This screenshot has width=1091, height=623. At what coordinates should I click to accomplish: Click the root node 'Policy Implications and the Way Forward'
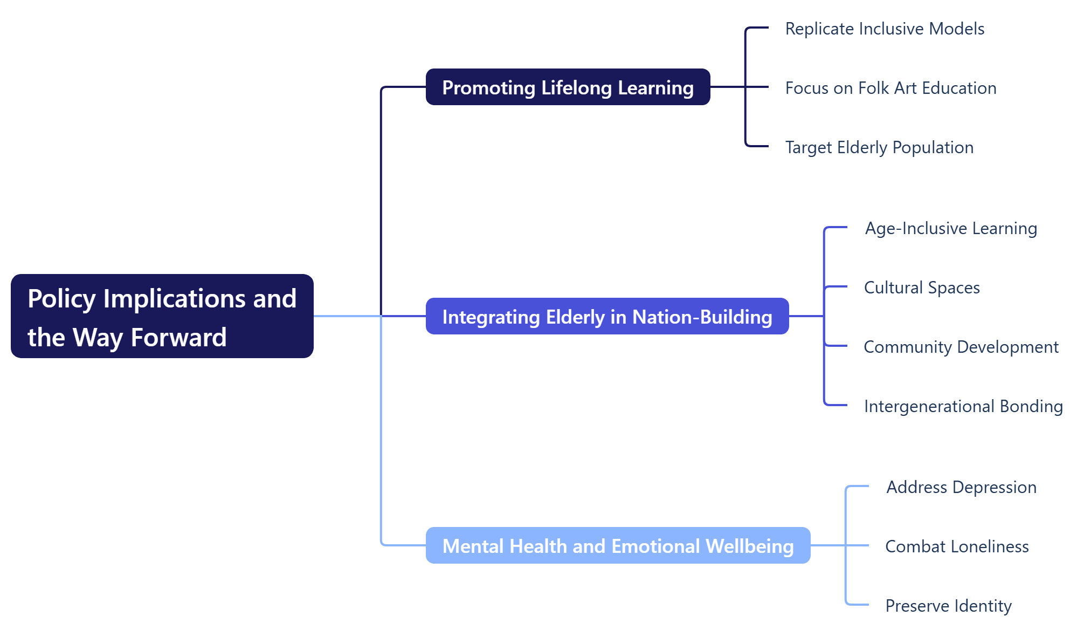[x=162, y=316]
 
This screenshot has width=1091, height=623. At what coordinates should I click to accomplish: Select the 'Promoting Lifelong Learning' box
[x=568, y=87]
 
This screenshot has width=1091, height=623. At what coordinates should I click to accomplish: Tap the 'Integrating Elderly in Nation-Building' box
[x=607, y=317]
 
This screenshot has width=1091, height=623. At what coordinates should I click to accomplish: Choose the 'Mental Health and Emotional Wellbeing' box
[x=618, y=546]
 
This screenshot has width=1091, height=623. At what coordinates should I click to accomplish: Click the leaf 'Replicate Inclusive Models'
[x=885, y=29]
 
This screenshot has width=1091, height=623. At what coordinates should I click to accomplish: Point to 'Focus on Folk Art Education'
[x=890, y=88]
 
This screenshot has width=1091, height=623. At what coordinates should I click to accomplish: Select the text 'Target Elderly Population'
[x=879, y=147]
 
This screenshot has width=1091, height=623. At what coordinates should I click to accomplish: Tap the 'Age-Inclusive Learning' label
[x=951, y=228]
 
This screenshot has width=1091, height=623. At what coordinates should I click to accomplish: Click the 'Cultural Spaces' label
[x=922, y=287]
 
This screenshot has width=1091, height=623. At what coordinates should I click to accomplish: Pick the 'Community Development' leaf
[x=961, y=347]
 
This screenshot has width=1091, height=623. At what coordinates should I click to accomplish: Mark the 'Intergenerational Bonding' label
[x=963, y=406]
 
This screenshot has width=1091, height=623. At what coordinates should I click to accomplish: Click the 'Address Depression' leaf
[x=961, y=487]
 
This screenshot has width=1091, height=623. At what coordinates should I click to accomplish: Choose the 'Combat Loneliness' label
[x=957, y=546]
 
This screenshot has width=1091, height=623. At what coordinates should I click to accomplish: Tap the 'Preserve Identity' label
[x=948, y=606]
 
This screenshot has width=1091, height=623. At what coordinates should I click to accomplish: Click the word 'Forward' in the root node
[x=178, y=338]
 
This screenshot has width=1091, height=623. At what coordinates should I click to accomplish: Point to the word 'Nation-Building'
[x=702, y=317]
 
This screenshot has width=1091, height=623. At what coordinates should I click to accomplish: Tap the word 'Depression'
[x=995, y=487]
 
